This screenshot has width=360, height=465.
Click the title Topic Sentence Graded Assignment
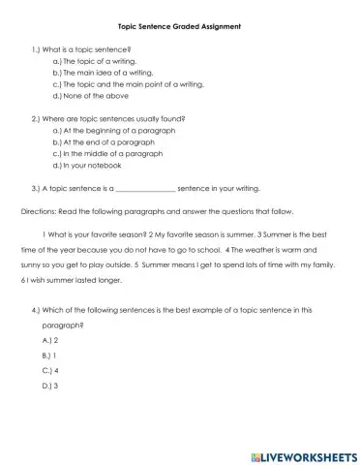pyautogui.click(x=180, y=25)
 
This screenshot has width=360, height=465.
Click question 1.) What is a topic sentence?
pyautogui.click(x=81, y=47)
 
